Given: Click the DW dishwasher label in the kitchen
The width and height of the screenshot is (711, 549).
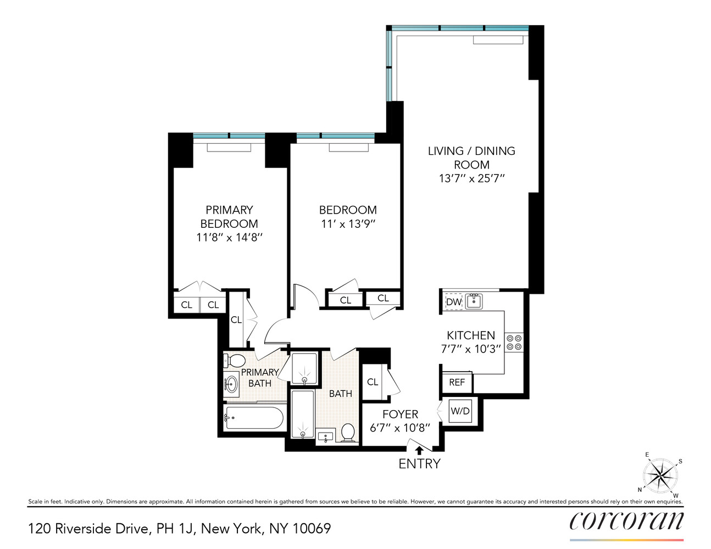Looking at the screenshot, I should click(x=453, y=302).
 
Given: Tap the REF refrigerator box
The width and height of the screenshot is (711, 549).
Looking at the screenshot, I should click(x=457, y=382).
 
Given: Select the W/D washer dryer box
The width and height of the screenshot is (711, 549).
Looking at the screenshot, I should click(x=461, y=411).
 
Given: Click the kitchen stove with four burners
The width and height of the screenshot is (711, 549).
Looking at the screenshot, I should click(x=515, y=343).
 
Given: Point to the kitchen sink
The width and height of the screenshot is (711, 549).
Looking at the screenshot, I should click(x=474, y=301).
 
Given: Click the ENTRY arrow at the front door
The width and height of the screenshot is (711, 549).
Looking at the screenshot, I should click(x=419, y=450).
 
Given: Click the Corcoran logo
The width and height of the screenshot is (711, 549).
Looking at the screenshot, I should click(x=626, y=520).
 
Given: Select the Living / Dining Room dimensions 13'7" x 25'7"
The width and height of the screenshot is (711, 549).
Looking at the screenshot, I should click(x=471, y=178).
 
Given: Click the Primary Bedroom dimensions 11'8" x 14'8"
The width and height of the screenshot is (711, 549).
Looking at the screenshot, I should click(x=229, y=238).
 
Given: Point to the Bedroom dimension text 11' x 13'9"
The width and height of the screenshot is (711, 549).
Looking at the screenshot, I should click(x=348, y=224).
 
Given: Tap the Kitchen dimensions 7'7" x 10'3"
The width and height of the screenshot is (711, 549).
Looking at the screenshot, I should click(x=471, y=349).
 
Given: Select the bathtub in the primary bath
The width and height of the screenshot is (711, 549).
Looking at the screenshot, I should click(x=254, y=418).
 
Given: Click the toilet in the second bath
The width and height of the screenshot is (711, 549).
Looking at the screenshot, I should click(x=348, y=433).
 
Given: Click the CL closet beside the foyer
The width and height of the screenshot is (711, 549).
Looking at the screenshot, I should click(x=373, y=382).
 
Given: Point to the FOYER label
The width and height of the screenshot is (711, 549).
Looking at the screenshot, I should click(x=400, y=414).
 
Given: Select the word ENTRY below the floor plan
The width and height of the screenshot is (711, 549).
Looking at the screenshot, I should click(x=419, y=464).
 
